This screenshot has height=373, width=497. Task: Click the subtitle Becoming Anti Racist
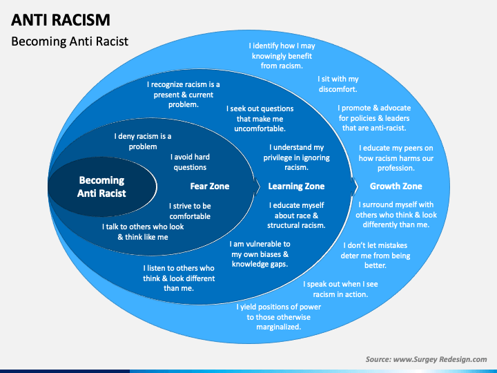(70, 41)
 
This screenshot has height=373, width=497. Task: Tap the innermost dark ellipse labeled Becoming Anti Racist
(101, 186)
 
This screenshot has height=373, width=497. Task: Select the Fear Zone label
(209, 186)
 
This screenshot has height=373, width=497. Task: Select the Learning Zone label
(295, 186)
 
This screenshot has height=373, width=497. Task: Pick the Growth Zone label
(396, 186)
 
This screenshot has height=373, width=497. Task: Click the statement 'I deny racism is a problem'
(143, 141)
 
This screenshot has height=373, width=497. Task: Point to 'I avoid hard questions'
(190, 162)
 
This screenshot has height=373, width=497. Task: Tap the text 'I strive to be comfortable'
(190, 211)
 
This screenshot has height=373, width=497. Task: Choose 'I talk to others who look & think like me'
(143, 231)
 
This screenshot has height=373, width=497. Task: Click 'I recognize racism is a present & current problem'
(184, 94)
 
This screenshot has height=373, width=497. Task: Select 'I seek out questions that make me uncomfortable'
(260, 118)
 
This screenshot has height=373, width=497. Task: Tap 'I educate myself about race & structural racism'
(296, 215)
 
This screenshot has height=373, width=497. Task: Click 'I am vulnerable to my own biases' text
(260, 254)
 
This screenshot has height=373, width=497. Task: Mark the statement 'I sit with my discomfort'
(338, 84)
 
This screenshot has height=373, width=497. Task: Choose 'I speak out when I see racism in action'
(335, 289)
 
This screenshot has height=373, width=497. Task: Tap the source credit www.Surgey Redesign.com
(426, 359)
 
